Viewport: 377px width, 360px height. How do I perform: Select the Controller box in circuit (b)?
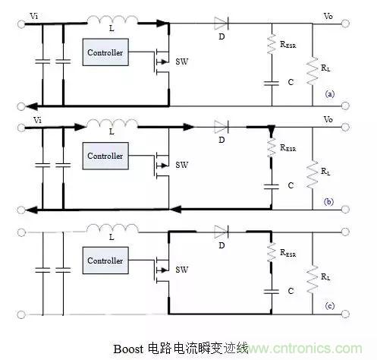point(105,156)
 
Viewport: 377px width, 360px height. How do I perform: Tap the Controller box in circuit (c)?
point(105,261)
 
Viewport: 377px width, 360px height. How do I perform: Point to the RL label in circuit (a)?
point(325,68)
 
